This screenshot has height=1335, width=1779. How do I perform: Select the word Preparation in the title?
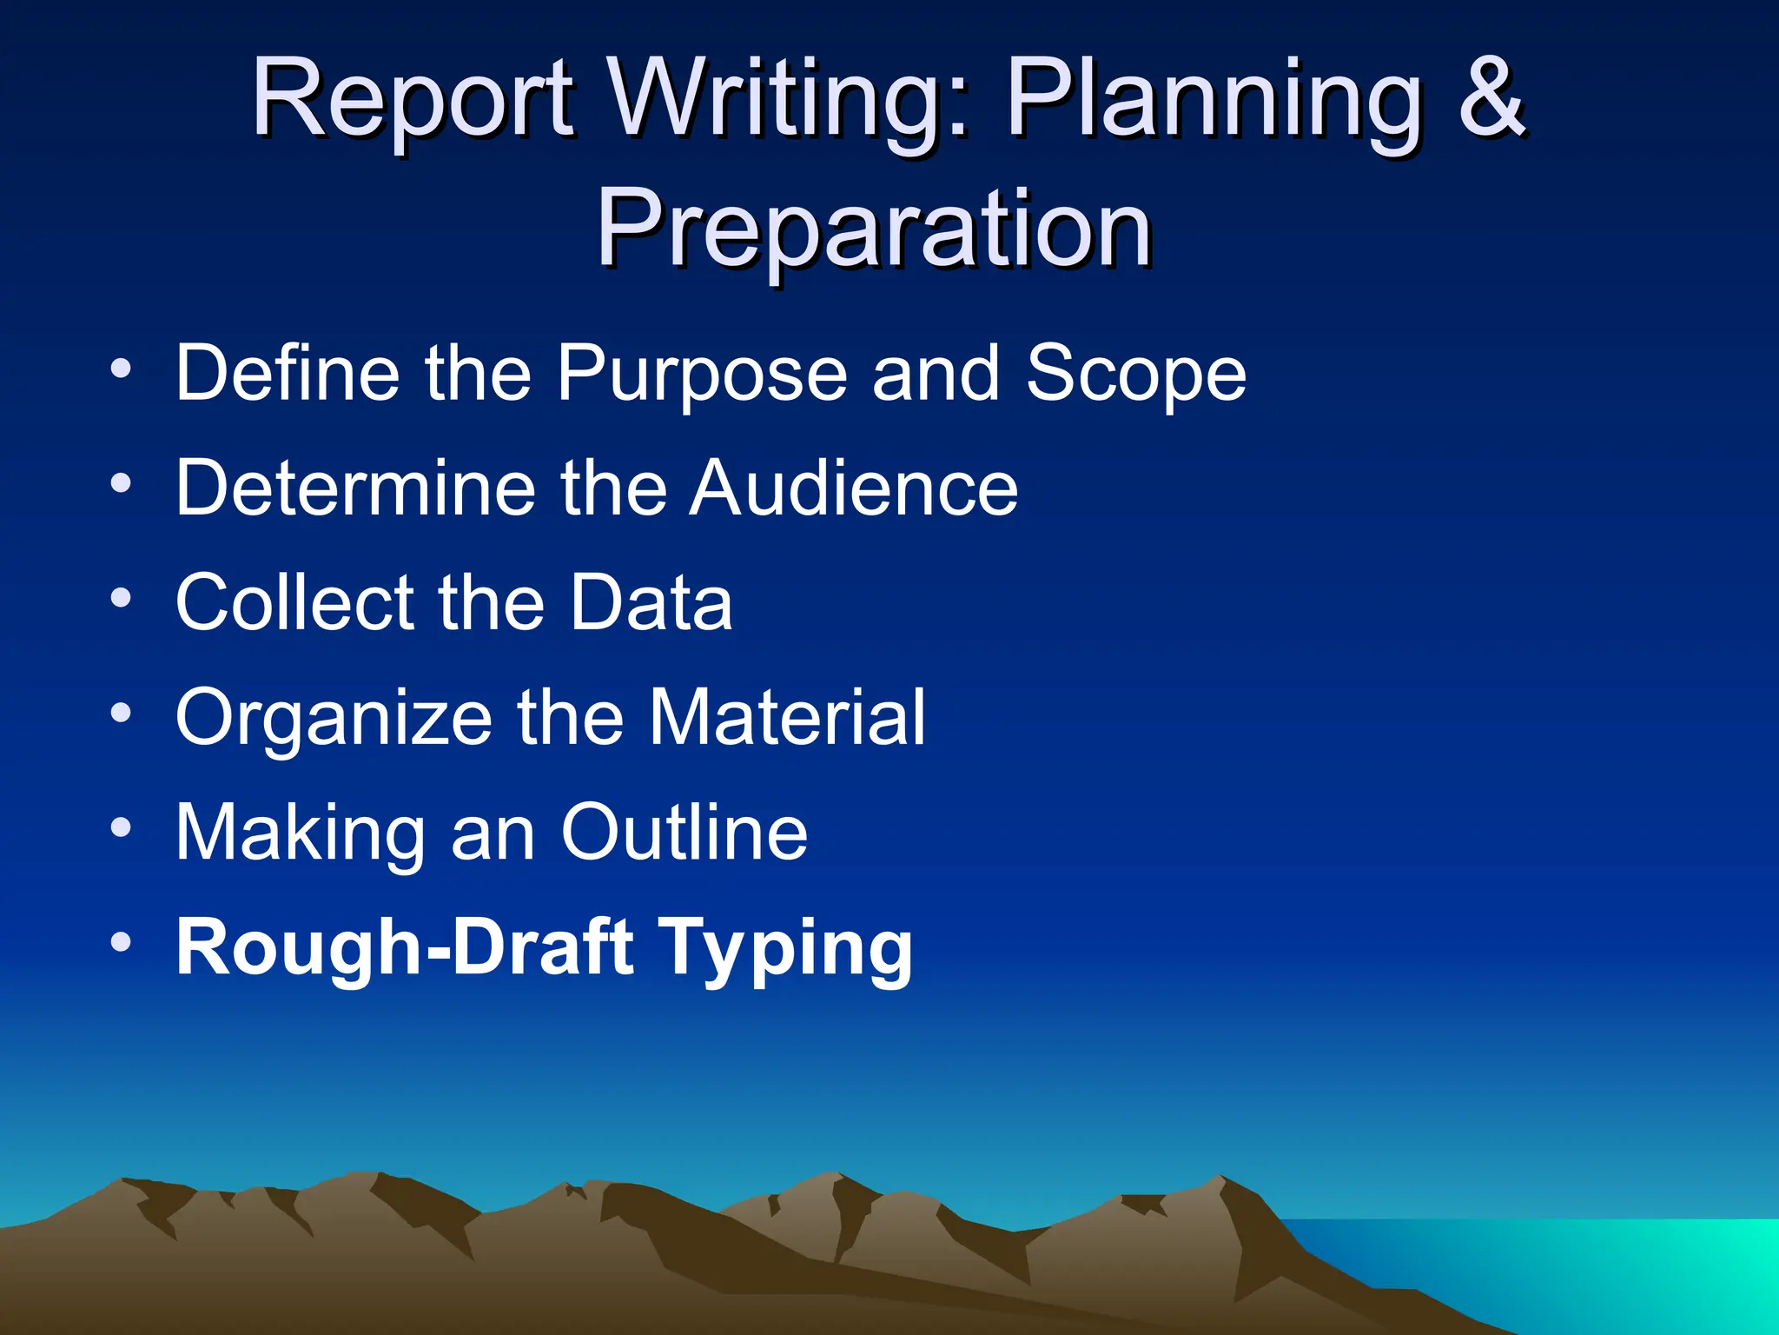[x=874, y=229]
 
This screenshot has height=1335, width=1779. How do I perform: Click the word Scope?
[x=1135, y=374]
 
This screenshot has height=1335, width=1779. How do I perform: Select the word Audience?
[x=854, y=488]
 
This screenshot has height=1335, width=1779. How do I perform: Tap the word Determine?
[x=355, y=488]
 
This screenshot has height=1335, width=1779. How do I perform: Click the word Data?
[x=651, y=602]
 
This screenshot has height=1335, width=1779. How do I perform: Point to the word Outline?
[x=684, y=832]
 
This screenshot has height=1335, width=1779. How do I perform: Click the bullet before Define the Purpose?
[x=121, y=369]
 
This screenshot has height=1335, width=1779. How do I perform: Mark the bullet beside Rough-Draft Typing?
[x=121, y=943]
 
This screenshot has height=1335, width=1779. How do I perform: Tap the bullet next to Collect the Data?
[x=121, y=598]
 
